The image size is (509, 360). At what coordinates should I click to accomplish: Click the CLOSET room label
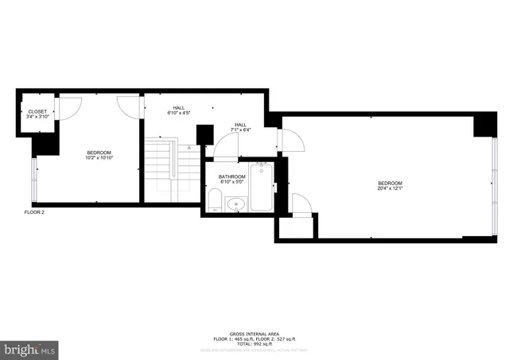(x=37, y=111)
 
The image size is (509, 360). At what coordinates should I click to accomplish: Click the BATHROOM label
(x=231, y=176)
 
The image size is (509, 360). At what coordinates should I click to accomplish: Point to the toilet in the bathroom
(x=215, y=200)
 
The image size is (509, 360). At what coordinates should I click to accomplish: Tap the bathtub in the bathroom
(x=261, y=188)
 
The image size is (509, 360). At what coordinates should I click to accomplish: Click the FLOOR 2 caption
(x=33, y=212)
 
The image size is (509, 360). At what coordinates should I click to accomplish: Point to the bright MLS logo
(x=30, y=349)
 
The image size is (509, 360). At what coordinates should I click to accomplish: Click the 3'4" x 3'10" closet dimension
(x=37, y=117)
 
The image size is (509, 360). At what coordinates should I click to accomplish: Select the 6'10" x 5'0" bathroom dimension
(x=231, y=182)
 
